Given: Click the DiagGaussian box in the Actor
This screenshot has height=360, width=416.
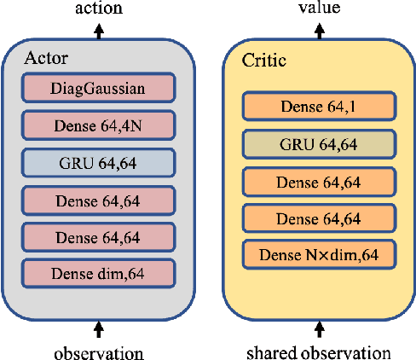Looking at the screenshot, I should (x=99, y=87).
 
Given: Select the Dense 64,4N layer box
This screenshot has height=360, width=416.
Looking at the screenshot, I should (x=99, y=125).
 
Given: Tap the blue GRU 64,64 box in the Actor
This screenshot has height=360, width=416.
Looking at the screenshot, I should (x=99, y=162).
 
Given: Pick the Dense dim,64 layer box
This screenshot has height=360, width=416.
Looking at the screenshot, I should (x=99, y=273).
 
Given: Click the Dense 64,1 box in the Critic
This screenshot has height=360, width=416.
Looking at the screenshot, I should (x=320, y=107).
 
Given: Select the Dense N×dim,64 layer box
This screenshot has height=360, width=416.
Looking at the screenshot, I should (x=320, y=253).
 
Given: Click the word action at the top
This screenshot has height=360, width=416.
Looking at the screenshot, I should (x=99, y=9).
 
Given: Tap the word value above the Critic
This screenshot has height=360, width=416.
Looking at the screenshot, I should (x=320, y=8).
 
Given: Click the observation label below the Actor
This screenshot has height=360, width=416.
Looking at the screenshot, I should (x=99, y=351).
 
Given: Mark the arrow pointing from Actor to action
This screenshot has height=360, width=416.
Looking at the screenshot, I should (x=99, y=31).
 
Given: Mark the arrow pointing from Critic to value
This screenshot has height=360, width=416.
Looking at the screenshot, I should (x=320, y=31).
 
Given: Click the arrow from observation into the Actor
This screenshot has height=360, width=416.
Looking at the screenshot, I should (x=99, y=329).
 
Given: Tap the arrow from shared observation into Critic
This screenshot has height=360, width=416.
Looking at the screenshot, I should (x=320, y=329).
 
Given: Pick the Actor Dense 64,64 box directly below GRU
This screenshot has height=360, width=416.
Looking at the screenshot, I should (x=99, y=199).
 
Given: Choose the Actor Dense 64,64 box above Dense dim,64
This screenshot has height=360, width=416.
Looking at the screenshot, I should (x=99, y=236).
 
